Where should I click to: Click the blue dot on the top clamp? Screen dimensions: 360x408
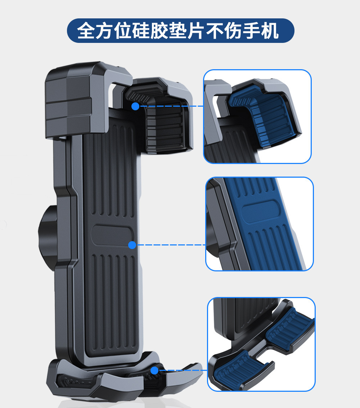click(135, 106)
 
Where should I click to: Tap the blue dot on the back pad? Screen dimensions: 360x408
click(132, 245)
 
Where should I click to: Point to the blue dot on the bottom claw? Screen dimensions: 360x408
click(154, 370)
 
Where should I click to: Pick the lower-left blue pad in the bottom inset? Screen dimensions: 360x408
click(239, 368)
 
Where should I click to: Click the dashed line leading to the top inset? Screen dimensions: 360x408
click(171, 106)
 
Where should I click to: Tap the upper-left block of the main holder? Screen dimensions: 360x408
click(68, 99)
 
